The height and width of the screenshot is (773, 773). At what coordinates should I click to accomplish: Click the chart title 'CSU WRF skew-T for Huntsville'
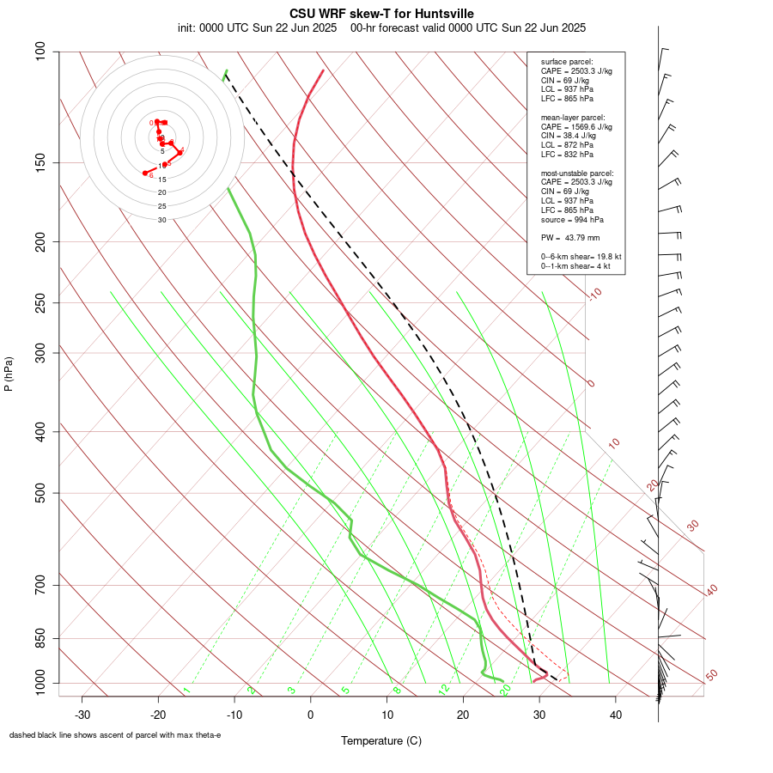pyautogui.click(x=381, y=13)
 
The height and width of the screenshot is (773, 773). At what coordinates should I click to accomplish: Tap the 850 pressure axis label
pyautogui.click(x=41, y=638)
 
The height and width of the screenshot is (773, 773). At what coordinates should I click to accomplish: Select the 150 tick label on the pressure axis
pyautogui.click(x=41, y=162)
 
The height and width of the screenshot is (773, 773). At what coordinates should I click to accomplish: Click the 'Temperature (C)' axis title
pyautogui.click(x=381, y=740)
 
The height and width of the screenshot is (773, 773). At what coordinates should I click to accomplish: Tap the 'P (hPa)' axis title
pyautogui.click(x=9, y=374)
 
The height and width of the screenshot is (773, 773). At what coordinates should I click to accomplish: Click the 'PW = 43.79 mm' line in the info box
pyautogui.click(x=570, y=238)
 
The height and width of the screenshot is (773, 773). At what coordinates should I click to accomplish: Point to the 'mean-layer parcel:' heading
pyautogui.click(x=573, y=117)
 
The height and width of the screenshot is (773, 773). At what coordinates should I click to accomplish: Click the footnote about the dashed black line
pyautogui.click(x=115, y=735)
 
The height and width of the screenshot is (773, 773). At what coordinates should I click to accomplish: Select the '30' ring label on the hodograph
pyautogui.click(x=162, y=220)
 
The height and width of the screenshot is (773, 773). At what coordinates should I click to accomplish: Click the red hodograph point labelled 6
pyautogui.click(x=145, y=173)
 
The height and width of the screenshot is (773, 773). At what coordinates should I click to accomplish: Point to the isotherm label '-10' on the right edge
pyautogui.click(x=594, y=294)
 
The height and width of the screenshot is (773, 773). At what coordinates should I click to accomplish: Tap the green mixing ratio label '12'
pyautogui.click(x=444, y=690)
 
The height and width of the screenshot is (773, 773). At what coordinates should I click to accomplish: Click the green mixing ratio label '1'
pyautogui.click(x=186, y=691)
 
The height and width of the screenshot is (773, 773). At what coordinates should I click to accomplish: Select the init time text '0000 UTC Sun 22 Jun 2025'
pyautogui.click(x=268, y=27)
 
